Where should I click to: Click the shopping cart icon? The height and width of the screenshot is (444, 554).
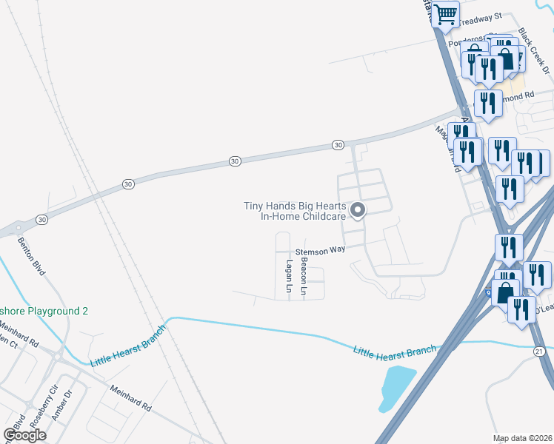[446, 13]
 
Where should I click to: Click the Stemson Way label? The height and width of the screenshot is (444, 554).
[321, 251]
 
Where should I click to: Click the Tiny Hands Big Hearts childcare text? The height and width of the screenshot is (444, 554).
[296, 212]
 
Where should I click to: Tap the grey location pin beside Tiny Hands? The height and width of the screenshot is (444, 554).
[358, 211]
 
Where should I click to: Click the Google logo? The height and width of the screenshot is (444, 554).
[24, 435]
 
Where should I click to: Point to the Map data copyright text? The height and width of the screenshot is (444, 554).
[522, 438]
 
